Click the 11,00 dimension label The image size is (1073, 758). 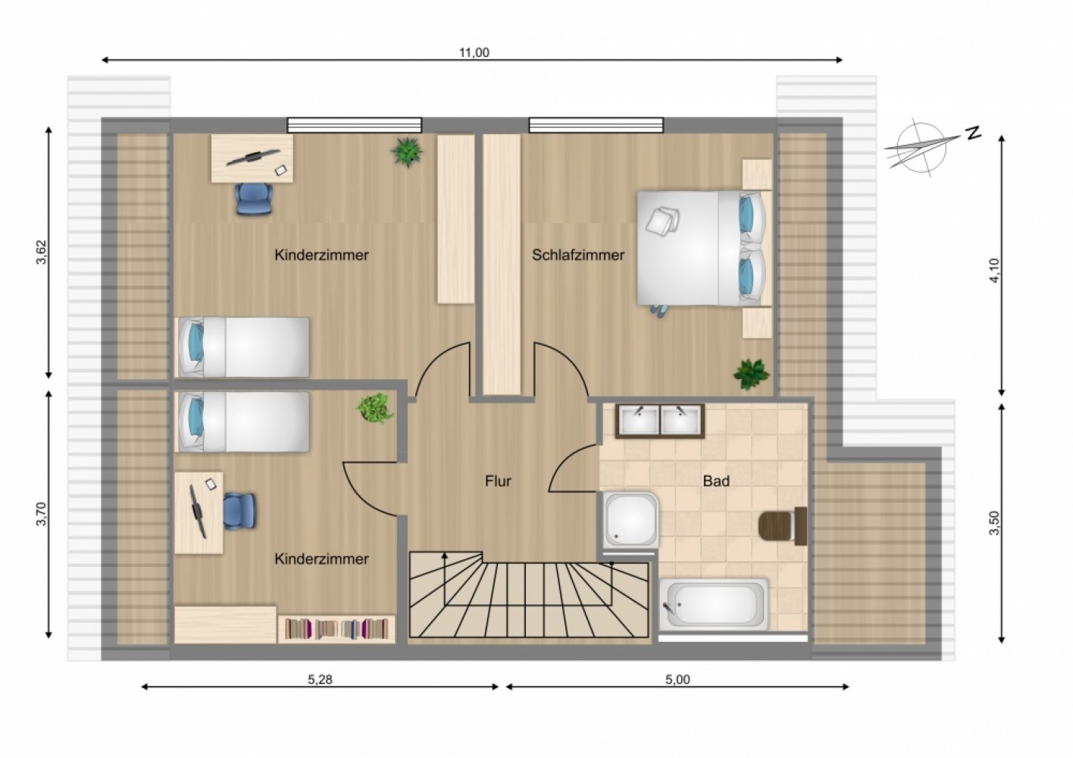click(474, 53)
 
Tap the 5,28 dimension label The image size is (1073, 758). click(320, 679)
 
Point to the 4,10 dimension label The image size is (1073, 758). click(994, 271)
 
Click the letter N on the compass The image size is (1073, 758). click(973, 133)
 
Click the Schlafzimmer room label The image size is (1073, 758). click(578, 255)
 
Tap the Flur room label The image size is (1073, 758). click(498, 481)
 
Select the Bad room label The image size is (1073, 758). click(716, 481)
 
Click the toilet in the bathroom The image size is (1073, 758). click(783, 525)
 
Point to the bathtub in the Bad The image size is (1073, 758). click(714, 604)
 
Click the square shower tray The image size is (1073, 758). click(630, 519)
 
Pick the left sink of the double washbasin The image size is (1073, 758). click(639, 420)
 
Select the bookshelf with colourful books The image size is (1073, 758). click(336, 628)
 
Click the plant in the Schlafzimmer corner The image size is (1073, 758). click(751, 374)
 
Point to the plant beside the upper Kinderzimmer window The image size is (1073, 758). click(407, 152)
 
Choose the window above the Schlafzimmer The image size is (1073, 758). click(596, 125)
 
